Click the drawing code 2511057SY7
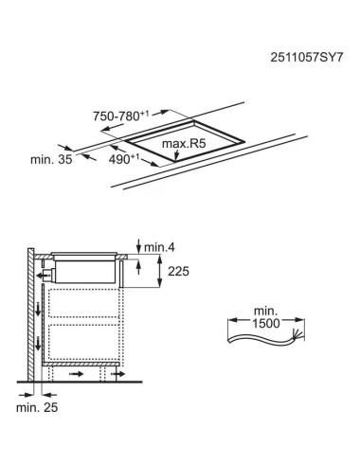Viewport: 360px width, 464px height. click(x=306, y=58)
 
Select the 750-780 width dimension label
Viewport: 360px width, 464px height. click(x=121, y=116)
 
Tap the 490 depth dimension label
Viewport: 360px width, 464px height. click(x=124, y=159)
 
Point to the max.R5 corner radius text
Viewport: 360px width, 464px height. click(x=184, y=144)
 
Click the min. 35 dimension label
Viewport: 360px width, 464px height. click(x=51, y=159)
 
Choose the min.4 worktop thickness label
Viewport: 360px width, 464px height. click(x=159, y=247)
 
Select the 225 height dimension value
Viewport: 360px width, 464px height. click(x=178, y=271)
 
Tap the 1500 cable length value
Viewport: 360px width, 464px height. click(x=266, y=323)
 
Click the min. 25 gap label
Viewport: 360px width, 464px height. click(x=37, y=407)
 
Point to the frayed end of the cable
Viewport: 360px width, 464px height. click(x=297, y=334)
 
